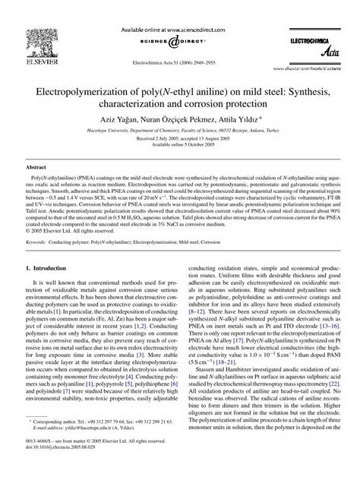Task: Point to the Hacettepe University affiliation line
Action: click(180, 133)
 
